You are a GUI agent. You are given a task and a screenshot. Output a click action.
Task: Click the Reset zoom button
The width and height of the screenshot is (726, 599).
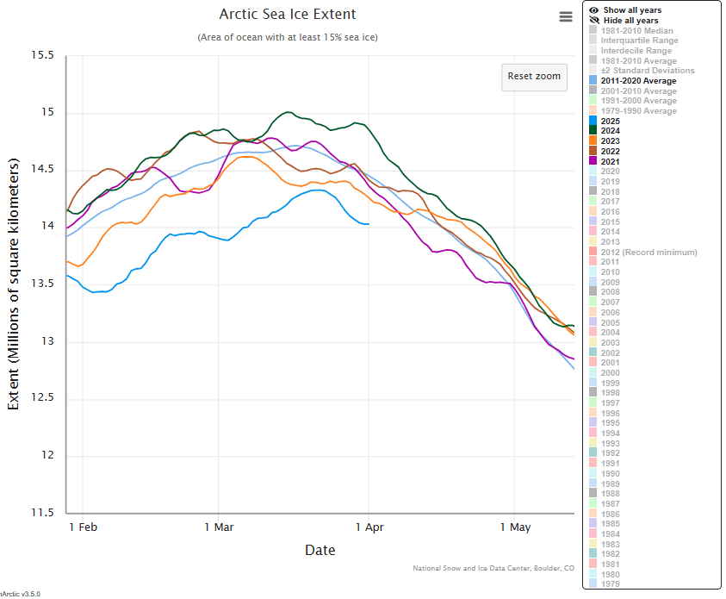(x=534, y=76)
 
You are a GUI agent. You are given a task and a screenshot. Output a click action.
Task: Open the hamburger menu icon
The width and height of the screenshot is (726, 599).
(x=566, y=17)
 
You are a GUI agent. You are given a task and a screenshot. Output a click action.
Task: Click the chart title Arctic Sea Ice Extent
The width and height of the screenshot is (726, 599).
(x=288, y=15)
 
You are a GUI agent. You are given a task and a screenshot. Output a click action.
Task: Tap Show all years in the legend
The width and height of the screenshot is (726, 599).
(x=632, y=10)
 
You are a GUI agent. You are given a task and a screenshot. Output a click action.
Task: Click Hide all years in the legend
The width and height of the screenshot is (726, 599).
(x=631, y=21)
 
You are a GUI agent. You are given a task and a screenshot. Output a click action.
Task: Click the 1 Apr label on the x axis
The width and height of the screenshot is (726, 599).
(x=369, y=527)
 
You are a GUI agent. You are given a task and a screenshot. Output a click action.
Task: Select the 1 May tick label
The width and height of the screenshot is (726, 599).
(x=515, y=527)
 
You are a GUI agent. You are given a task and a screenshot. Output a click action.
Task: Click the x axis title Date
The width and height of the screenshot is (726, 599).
(x=320, y=550)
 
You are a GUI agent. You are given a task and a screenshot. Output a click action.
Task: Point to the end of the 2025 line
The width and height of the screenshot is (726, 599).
(x=369, y=224)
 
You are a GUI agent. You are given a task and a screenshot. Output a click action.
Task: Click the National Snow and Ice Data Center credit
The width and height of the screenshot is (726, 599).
(x=493, y=568)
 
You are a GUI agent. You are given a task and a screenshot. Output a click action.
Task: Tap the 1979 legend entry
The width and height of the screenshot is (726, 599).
(x=610, y=584)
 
